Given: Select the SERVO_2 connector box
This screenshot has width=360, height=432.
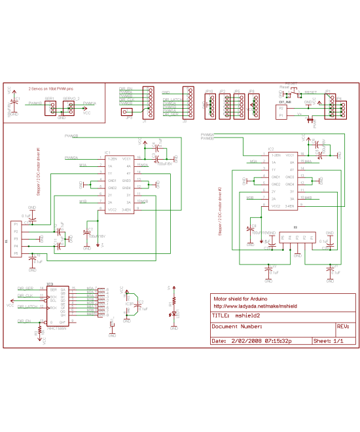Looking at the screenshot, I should [x=70, y=109].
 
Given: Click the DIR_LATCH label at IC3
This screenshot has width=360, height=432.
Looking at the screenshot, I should [x=27, y=306].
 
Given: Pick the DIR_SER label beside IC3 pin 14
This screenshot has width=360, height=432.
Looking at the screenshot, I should [x=26, y=289].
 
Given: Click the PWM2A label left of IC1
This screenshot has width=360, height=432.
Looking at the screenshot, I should [x=71, y=158].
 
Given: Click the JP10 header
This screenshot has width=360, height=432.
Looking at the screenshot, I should [x=211, y=103].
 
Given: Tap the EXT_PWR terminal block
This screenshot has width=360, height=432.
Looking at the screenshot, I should [x=283, y=111].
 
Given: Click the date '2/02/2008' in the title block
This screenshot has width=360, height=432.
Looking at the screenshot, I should [x=247, y=341].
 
